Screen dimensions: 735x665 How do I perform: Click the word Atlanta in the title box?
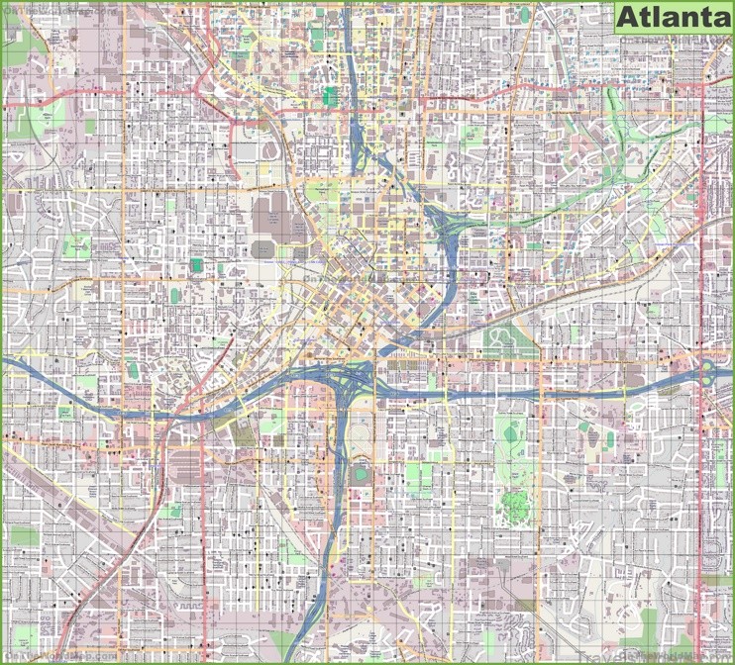(x=671, y=18)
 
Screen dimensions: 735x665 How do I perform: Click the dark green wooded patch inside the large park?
(x=513, y=505)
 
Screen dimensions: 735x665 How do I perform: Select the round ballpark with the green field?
(x=360, y=476)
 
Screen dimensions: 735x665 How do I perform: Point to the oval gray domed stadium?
(x=264, y=248)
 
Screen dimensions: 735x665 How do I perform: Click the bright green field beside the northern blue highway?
(x=330, y=96)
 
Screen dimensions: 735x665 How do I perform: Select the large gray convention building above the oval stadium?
(x=267, y=212)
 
